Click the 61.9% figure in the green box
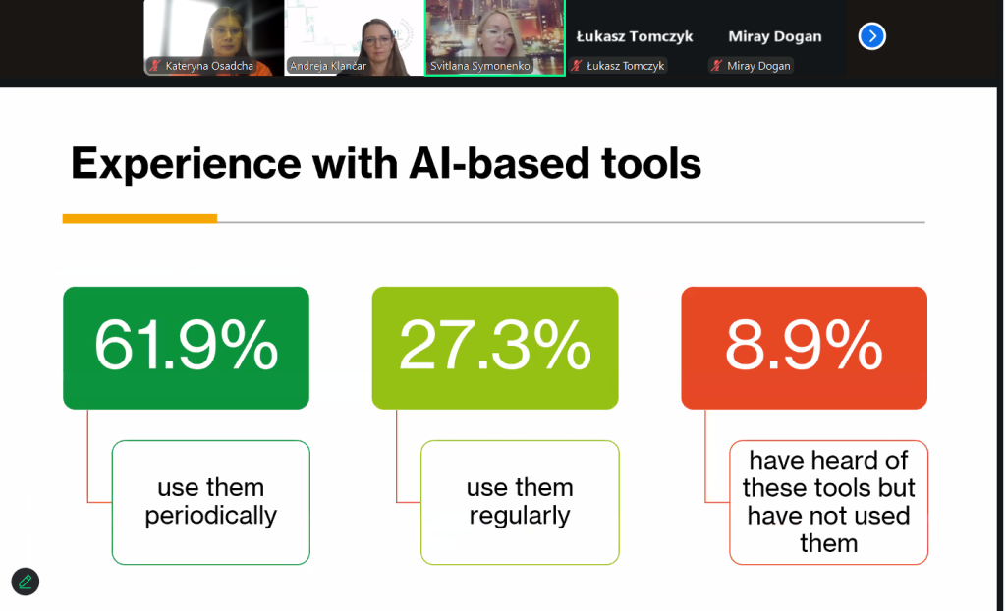coord(186,346)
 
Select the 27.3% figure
coord(495,346)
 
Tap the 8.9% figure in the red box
coord(804,346)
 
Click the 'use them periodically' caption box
coord(211,502)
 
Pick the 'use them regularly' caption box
coord(520,502)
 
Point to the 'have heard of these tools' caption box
coord(828,502)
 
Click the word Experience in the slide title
coord(186,164)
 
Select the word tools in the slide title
coord(651,163)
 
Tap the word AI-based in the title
coord(499,163)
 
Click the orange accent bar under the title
coord(140,219)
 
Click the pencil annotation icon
coord(25,582)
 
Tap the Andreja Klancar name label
coord(328,66)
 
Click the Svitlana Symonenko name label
coord(479,66)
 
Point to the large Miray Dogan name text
coord(775,36)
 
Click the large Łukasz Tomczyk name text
coord(635,36)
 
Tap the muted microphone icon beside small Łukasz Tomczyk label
coord(576,66)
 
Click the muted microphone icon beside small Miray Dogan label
coord(716,66)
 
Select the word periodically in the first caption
coord(211,516)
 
